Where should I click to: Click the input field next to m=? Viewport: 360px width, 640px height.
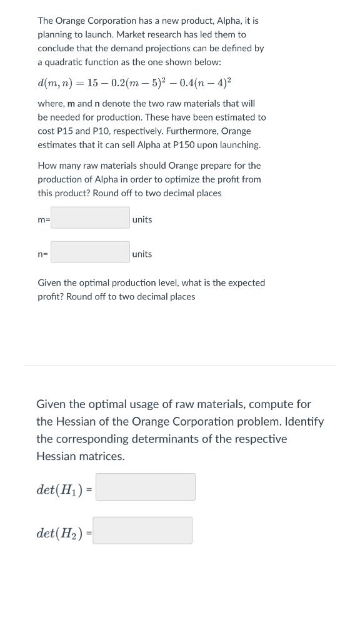pyautogui.click(x=90, y=218)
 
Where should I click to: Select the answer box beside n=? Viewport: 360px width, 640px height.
pyautogui.click(x=90, y=252)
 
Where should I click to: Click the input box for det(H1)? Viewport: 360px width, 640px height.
pyautogui.click(x=146, y=487)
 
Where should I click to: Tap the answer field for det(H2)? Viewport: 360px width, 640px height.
pyautogui.click(x=143, y=531)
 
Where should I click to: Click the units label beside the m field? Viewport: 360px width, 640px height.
pyautogui.click(x=142, y=219)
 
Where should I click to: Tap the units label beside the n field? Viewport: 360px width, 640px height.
pyautogui.click(x=142, y=254)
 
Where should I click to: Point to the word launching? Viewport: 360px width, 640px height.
pyautogui.click(x=238, y=144)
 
